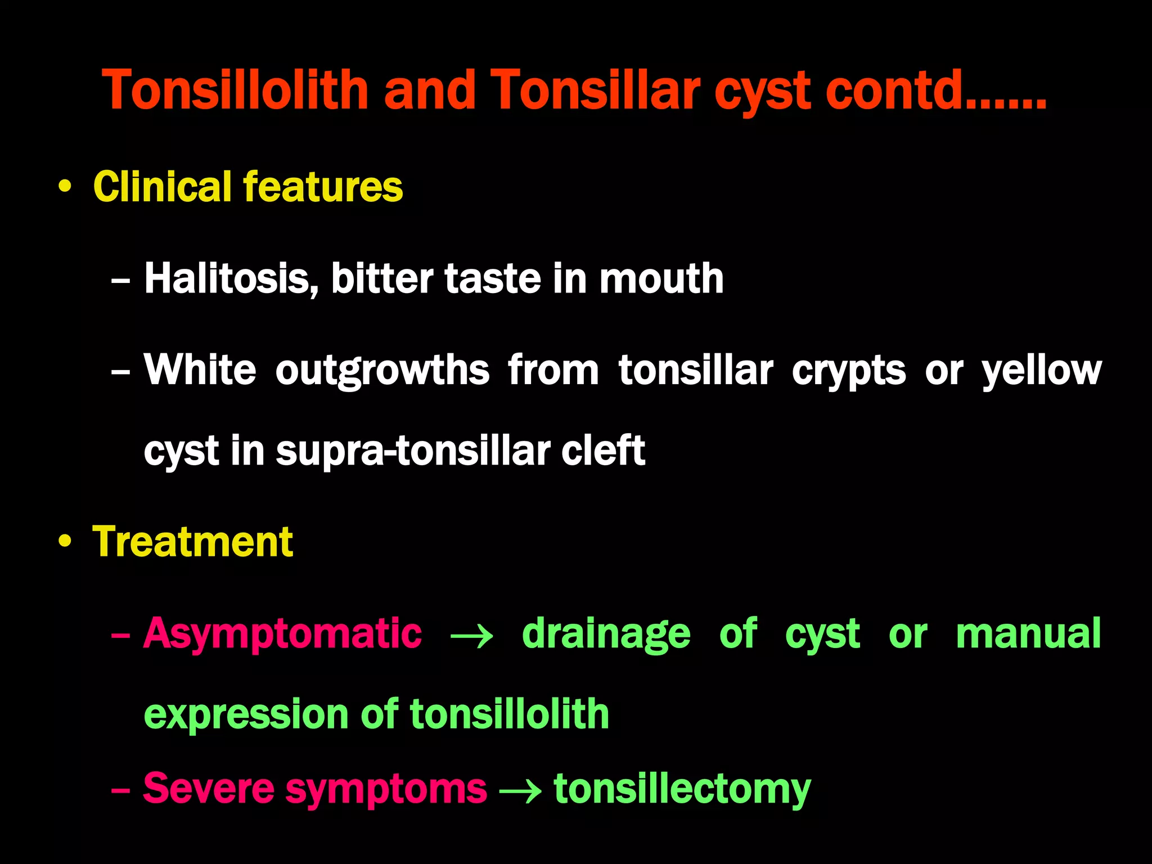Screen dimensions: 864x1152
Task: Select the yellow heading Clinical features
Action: click(x=248, y=187)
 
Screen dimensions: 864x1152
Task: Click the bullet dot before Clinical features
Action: click(x=65, y=187)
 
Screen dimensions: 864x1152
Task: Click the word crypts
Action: click(x=849, y=371)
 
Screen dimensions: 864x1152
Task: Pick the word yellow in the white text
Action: click(x=1041, y=371)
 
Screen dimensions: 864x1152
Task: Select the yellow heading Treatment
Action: click(x=193, y=542)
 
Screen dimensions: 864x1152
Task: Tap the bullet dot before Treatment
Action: click(x=65, y=542)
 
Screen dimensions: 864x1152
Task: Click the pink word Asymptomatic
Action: click(x=282, y=634)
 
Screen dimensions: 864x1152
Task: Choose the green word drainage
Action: click(x=606, y=634)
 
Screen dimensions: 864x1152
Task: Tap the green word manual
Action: click(x=1028, y=634)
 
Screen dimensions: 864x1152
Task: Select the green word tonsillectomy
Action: click(x=682, y=789)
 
